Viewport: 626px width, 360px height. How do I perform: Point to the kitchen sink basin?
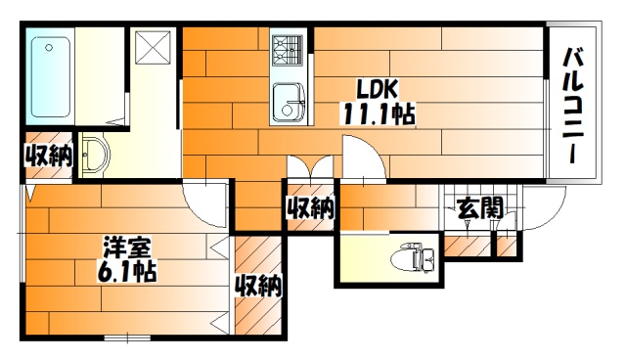coord(291,100)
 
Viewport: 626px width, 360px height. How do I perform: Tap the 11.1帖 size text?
coord(378,113)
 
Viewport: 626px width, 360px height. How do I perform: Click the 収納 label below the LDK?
coord(311,207)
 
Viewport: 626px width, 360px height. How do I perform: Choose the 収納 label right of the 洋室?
coord(259,286)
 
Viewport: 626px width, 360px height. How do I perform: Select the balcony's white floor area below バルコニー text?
coord(573,171)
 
